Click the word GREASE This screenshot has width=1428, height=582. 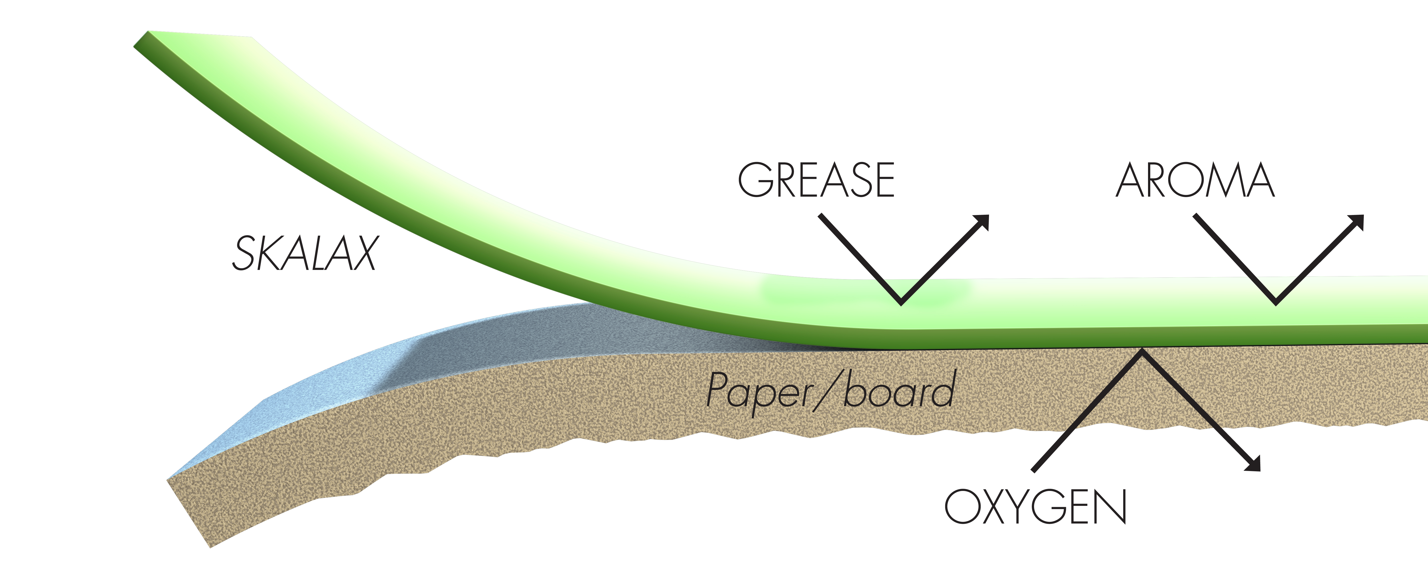coord(816,180)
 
